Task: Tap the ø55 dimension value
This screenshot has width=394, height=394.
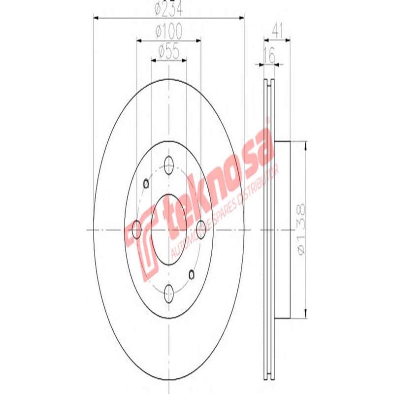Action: pyautogui.click(x=168, y=52)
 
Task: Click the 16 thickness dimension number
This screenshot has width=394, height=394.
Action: pyautogui.click(x=269, y=56)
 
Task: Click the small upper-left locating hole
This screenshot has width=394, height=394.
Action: pyautogui.click(x=146, y=184)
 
